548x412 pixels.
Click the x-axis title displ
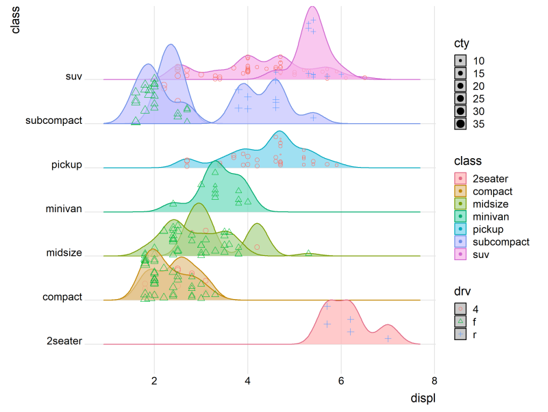tap(422, 398)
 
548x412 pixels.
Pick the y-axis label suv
tap(73, 77)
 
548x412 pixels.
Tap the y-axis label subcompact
tap(53, 121)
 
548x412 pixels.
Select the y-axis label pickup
tap(66, 165)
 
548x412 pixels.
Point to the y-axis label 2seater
tap(64, 341)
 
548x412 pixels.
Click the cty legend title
tap(462, 43)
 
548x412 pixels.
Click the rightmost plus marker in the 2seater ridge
tap(388, 338)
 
